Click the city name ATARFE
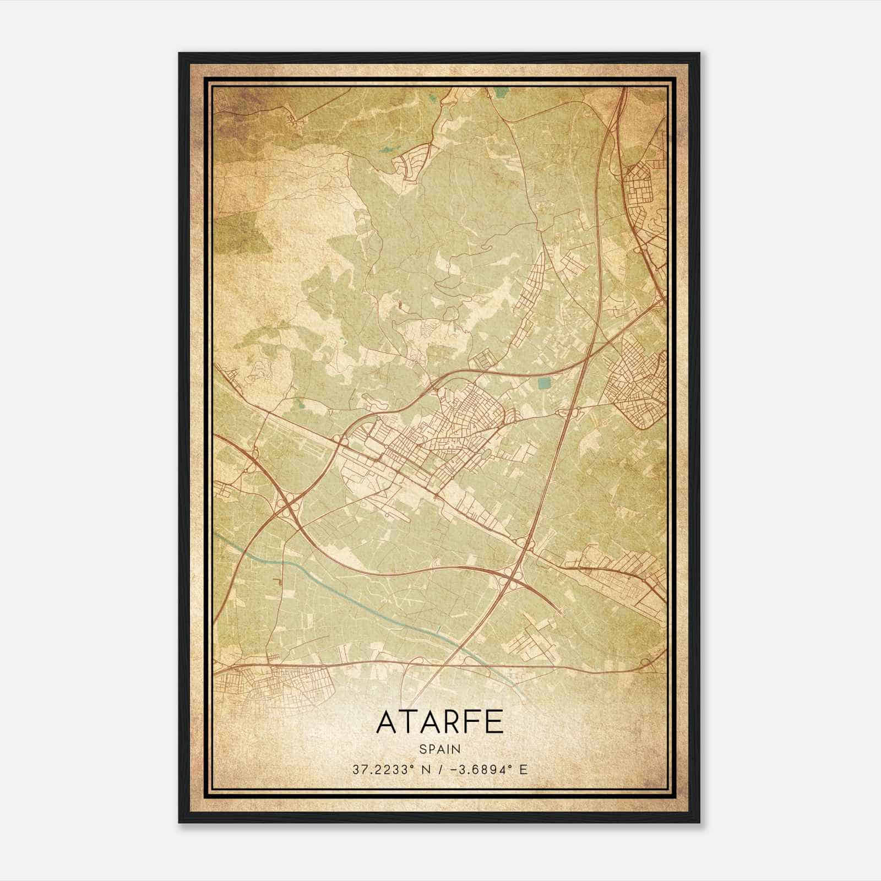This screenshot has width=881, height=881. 439,722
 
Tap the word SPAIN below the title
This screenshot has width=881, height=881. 439,749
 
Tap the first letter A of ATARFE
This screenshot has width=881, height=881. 386,722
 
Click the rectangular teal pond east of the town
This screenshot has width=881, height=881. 543,383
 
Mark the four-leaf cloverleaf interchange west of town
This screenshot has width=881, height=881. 289,503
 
